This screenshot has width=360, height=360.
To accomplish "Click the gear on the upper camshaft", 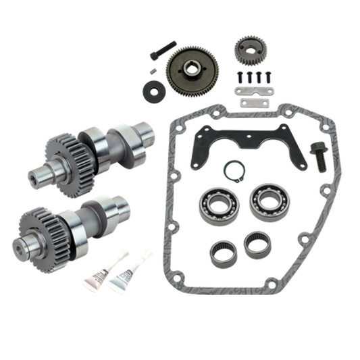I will (65, 151).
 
